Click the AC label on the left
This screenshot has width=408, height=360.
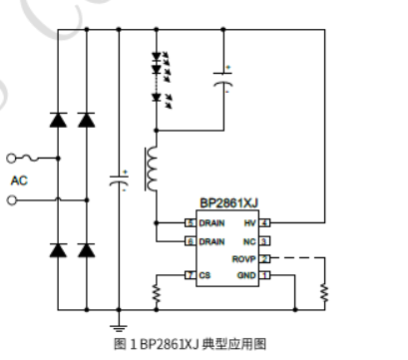[19, 180]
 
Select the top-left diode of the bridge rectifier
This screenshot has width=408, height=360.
[59, 121]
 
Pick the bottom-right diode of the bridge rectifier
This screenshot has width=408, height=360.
[86, 248]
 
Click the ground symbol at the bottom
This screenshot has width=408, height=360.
[119, 325]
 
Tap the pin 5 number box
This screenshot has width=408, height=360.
[189, 222]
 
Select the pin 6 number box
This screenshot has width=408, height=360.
[189, 241]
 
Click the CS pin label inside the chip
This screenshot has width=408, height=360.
[204, 274]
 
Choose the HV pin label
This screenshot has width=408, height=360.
[250, 222]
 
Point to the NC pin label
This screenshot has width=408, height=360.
[249, 241]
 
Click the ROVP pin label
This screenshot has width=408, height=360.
[244, 258]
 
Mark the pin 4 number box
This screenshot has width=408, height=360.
[265, 222]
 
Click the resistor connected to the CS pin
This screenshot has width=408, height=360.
[157, 292]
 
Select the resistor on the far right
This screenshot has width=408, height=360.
[323, 292]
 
